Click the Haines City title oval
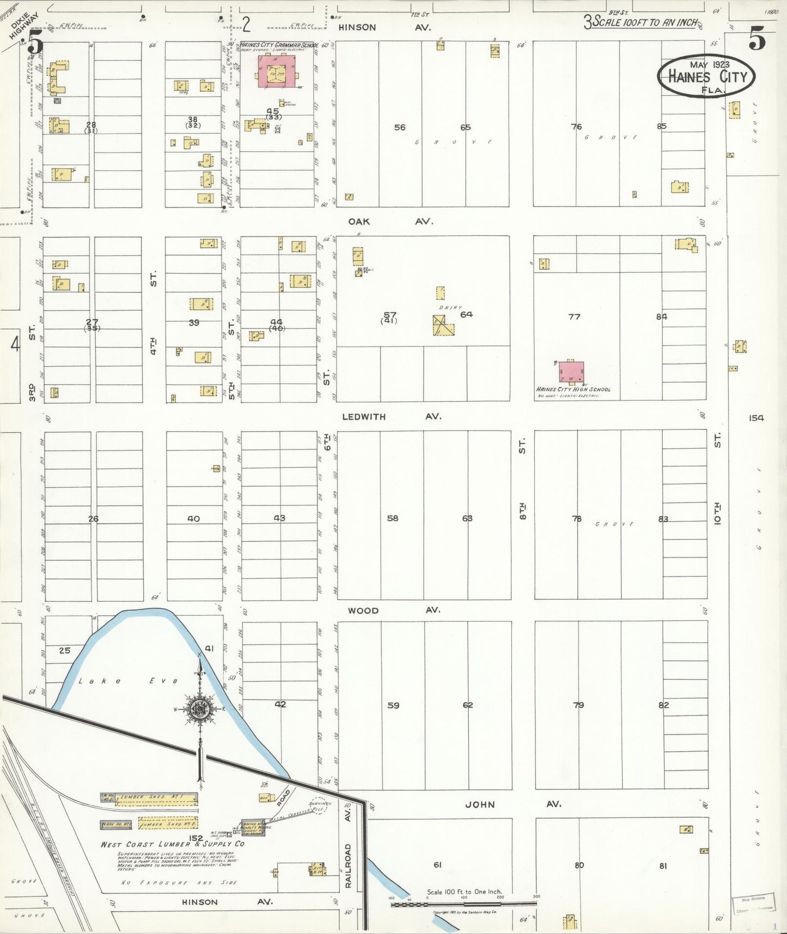[706, 77]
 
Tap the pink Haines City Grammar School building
[277, 71]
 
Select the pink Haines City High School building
[571, 372]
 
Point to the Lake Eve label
[128, 681]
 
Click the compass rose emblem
[200, 709]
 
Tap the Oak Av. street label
[391, 221]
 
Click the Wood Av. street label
[393, 610]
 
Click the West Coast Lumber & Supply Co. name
[173, 844]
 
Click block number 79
[578, 705]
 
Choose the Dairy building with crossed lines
[444, 326]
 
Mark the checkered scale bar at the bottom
[463, 904]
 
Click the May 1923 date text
[706, 64]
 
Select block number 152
[196, 838]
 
